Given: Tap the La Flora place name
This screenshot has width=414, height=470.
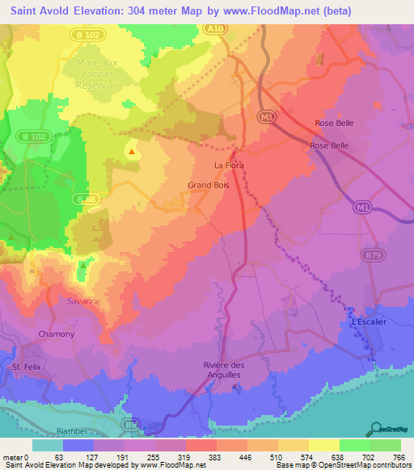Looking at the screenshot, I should pyautogui.click(x=229, y=166).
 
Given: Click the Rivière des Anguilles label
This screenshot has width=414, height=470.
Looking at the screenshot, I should pyautogui.click(x=234, y=370).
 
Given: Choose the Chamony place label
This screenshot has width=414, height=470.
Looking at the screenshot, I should pyautogui.click(x=57, y=334).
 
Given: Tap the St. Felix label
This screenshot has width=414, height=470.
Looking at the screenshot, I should pyautogui.click(x=27, y=367).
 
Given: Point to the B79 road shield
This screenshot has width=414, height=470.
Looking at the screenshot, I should pyautogui.click(x=373, y=255).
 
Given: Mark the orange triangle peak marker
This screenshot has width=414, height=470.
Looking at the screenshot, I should pyautogui.click(x=131, y=150).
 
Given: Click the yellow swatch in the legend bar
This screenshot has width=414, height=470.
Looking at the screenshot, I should pyautogui.click(x=324, y=445).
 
